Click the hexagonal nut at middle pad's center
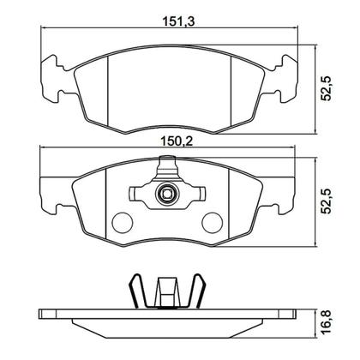[x=166, y=196]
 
